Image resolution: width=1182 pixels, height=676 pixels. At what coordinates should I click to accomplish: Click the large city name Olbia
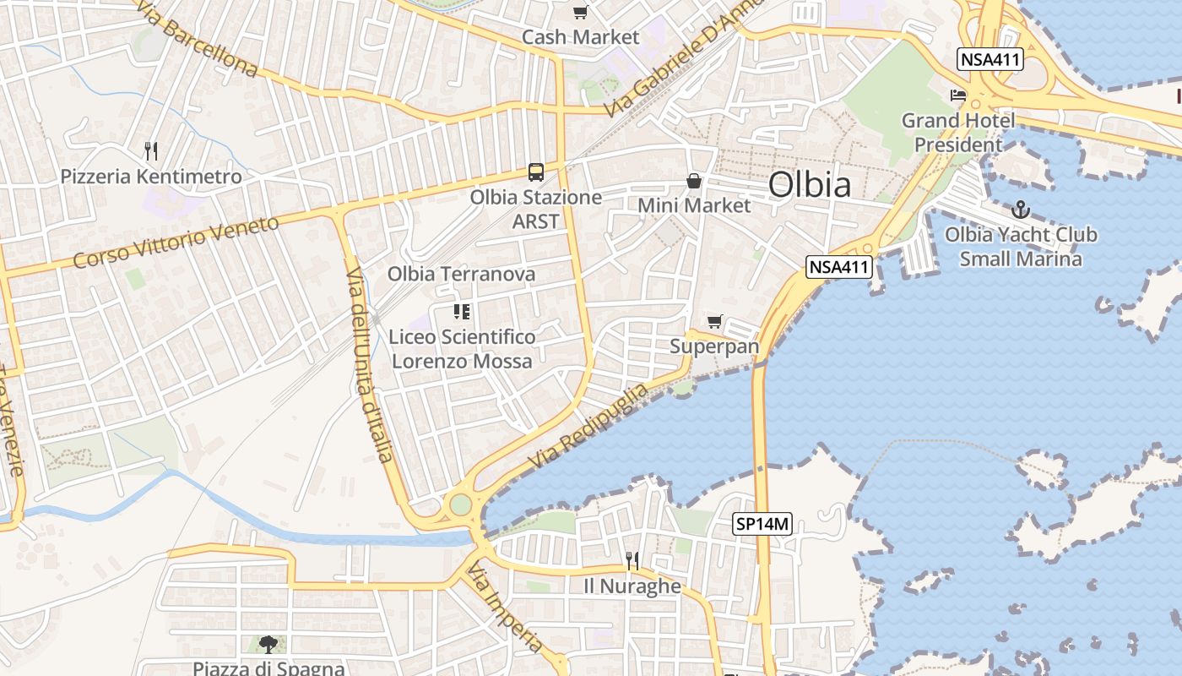tap(810, 184)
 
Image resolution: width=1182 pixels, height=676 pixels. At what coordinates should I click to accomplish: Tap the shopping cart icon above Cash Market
tap(580, 12)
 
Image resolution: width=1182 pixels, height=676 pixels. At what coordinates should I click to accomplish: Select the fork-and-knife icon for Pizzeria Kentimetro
tap(151, 151)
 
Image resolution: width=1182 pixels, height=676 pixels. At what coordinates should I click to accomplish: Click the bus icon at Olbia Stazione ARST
tap(536, 172)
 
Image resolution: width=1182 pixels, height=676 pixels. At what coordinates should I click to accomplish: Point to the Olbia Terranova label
tap(461, 274)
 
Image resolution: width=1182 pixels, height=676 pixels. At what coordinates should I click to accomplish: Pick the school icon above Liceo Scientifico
tap(462, 312)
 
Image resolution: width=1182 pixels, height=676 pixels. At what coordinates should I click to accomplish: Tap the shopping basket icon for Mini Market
tap(694, 181)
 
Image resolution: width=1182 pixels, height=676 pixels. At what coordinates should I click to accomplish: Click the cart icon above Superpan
tap(715, 321)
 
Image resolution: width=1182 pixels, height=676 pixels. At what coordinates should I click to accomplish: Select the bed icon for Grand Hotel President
tap(958, 95)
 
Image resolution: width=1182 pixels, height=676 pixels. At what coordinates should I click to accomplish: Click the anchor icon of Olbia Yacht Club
tap(1021, 209)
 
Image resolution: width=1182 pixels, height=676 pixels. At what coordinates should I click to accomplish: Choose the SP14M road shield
tap(762, 524)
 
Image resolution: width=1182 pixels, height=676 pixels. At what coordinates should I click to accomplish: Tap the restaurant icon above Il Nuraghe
tap(632, 560)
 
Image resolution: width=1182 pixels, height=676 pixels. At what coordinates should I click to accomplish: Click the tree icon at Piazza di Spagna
tap(268, 645)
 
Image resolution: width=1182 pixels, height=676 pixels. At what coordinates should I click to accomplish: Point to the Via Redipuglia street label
tap(588, 427)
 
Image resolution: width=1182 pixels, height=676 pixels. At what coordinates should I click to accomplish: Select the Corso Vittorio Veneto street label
tap(176, 242)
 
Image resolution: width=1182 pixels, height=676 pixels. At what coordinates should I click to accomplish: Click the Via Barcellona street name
tap(196, 38)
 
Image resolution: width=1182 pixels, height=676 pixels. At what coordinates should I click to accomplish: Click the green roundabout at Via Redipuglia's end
tap(460, 504)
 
